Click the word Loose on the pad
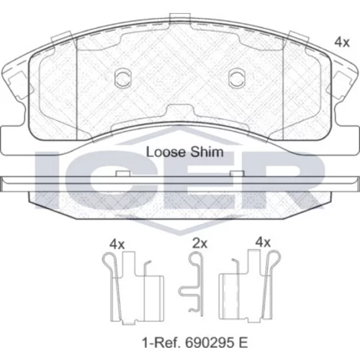pos(166,152)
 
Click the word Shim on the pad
pos(207,152)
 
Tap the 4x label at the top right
pos(342,42)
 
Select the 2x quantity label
pos(200,243)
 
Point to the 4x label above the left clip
pos(117,245)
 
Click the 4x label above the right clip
pos(263,243)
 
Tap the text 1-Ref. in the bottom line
pos(161,343)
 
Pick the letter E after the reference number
pos(243,343)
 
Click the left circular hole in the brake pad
pos(123,78)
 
